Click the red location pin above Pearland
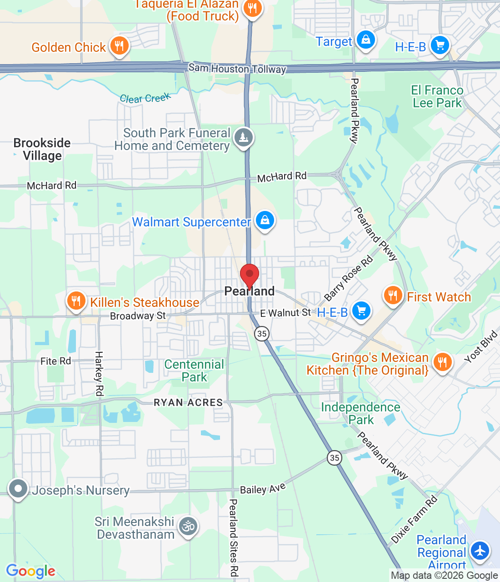(x=250, y=275)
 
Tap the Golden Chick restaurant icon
(x=119, y=46)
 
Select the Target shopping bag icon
(x=366, y=40)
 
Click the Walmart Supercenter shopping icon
(x=265, y=221)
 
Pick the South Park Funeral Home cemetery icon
(x=244, y=137)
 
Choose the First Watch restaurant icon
(x=393, y=296)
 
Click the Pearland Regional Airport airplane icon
(x=480, y=551)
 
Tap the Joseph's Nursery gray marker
(x=19, y=489)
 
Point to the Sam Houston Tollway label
(x=237, y=69)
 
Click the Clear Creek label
(x=145, y=98)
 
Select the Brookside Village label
(x=42, y=149)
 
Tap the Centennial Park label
(x=194, y=371)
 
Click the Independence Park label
(x=361, y=413)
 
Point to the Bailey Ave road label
(x=263, y=489)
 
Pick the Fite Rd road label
(x=55, y=361)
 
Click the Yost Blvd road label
(x=481, y=347)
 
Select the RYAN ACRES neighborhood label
(x=188, y=402)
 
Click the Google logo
(x=31, y=571)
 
